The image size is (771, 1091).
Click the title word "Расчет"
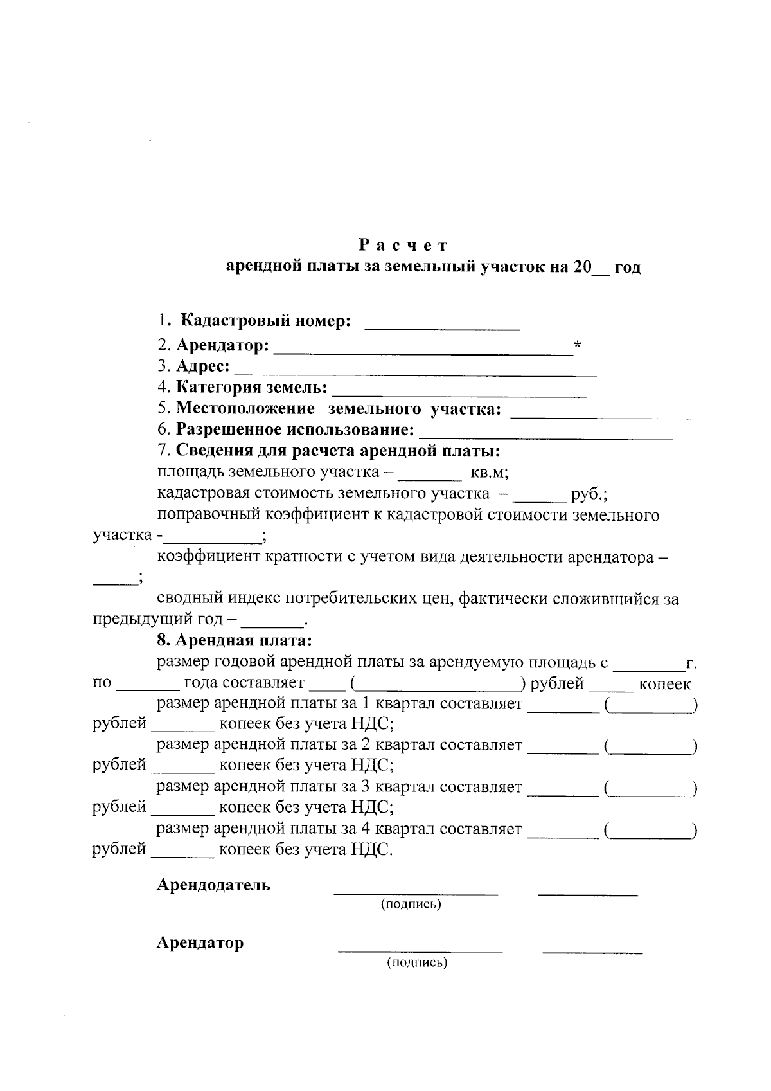[x=402, y=245]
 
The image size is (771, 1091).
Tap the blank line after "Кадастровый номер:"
[x=442, y=328]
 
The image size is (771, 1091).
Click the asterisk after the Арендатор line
[x=577, y=346]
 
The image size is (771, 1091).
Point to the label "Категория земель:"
[x=252, y=388]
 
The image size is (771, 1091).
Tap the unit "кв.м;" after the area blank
[x=490, y=473]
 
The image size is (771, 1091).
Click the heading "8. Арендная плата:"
[x=235, y=640]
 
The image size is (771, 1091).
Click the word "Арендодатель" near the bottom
[x=214, y=885]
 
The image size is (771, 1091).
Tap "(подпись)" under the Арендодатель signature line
[x=411, y=905]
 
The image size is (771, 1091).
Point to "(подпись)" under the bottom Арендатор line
[x=416, y=962]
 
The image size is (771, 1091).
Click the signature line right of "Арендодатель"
[x=415, y=893]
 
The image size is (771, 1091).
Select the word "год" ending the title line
[x=628, y=267]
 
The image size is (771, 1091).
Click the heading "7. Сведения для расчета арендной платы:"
[x=329, y=451]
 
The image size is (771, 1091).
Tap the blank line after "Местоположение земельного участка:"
[x=601, y=417]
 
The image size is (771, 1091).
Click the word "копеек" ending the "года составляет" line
[x=665, y=683]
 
